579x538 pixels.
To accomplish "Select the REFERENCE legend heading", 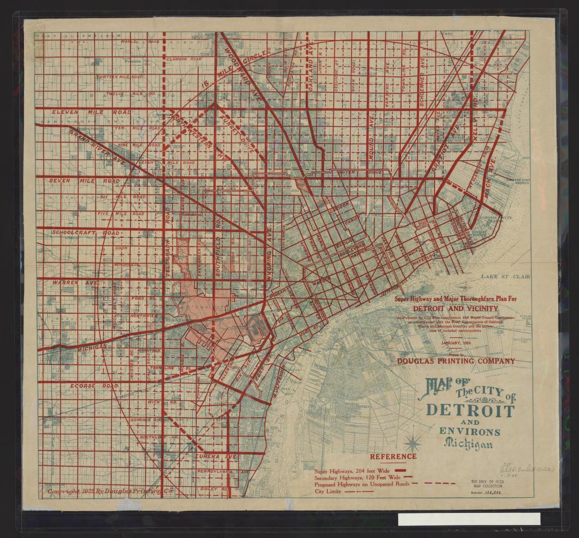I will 393,457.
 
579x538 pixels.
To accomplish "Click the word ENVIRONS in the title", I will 469,432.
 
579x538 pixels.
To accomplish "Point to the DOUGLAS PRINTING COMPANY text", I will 455,361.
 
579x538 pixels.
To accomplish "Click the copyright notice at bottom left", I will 109,491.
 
